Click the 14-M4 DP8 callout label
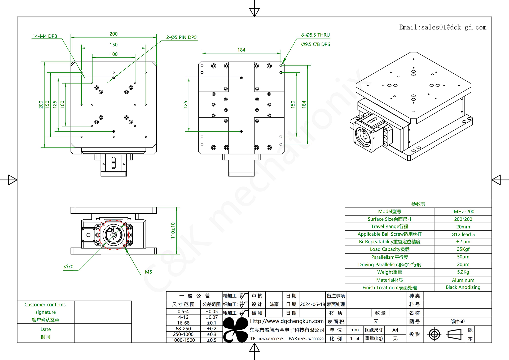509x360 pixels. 45,36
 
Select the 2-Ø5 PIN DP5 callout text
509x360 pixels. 181,37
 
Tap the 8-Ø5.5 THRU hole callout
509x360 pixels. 315,35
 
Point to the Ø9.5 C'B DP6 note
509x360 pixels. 315,44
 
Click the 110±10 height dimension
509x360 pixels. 173,230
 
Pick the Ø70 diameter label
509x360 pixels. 69,267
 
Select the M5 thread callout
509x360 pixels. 148,272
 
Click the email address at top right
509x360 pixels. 443,27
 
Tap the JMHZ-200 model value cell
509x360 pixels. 463,211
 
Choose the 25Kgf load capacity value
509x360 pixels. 463,249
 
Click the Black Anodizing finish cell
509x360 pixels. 463,287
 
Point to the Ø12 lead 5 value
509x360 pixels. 463,234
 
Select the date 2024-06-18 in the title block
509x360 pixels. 312,304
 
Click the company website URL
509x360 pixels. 287,321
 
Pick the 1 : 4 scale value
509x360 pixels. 354,339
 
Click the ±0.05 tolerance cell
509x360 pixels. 211,311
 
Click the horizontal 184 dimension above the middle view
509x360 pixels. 241,50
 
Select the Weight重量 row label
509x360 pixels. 389,272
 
